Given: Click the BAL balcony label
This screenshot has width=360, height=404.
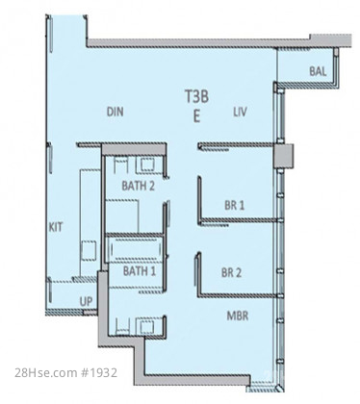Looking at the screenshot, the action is [x=318, y=71].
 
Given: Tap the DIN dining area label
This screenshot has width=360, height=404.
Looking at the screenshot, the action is [x=115, y=112].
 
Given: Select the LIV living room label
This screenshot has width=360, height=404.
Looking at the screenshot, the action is [x=240, y=112].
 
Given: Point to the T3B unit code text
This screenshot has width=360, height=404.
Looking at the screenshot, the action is [x=196, y=96].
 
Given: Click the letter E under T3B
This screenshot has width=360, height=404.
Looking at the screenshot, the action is [x=196, y=115].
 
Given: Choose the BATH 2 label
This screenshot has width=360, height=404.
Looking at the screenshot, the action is [x=138, y=186].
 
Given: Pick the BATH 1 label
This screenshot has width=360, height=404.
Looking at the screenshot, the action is [x=140, y=271].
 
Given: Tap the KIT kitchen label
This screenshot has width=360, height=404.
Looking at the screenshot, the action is [x=56, y=227].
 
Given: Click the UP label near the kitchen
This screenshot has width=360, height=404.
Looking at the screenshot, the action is [x=86, y=301].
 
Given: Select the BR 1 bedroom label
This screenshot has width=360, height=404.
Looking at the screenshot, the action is [x=235, y=205].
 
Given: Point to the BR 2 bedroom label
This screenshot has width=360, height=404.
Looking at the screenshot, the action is [x=231, y=272].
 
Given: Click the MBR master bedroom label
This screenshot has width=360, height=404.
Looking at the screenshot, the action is [x=238, y=316].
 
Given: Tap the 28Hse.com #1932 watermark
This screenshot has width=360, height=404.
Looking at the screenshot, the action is [x=66, y=372].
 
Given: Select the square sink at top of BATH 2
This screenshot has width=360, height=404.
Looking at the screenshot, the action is [x=147, y=165].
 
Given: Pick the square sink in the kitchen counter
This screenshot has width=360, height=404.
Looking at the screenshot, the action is [x=89, y=250].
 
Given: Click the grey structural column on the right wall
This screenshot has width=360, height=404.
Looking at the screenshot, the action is [x=283, y=155].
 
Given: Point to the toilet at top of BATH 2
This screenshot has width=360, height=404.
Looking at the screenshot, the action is [x=121, y=165].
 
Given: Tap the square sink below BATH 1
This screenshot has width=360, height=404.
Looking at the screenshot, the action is [x=146, y=326].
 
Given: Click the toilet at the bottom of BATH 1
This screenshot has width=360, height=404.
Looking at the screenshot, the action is [x=122, y=326].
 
